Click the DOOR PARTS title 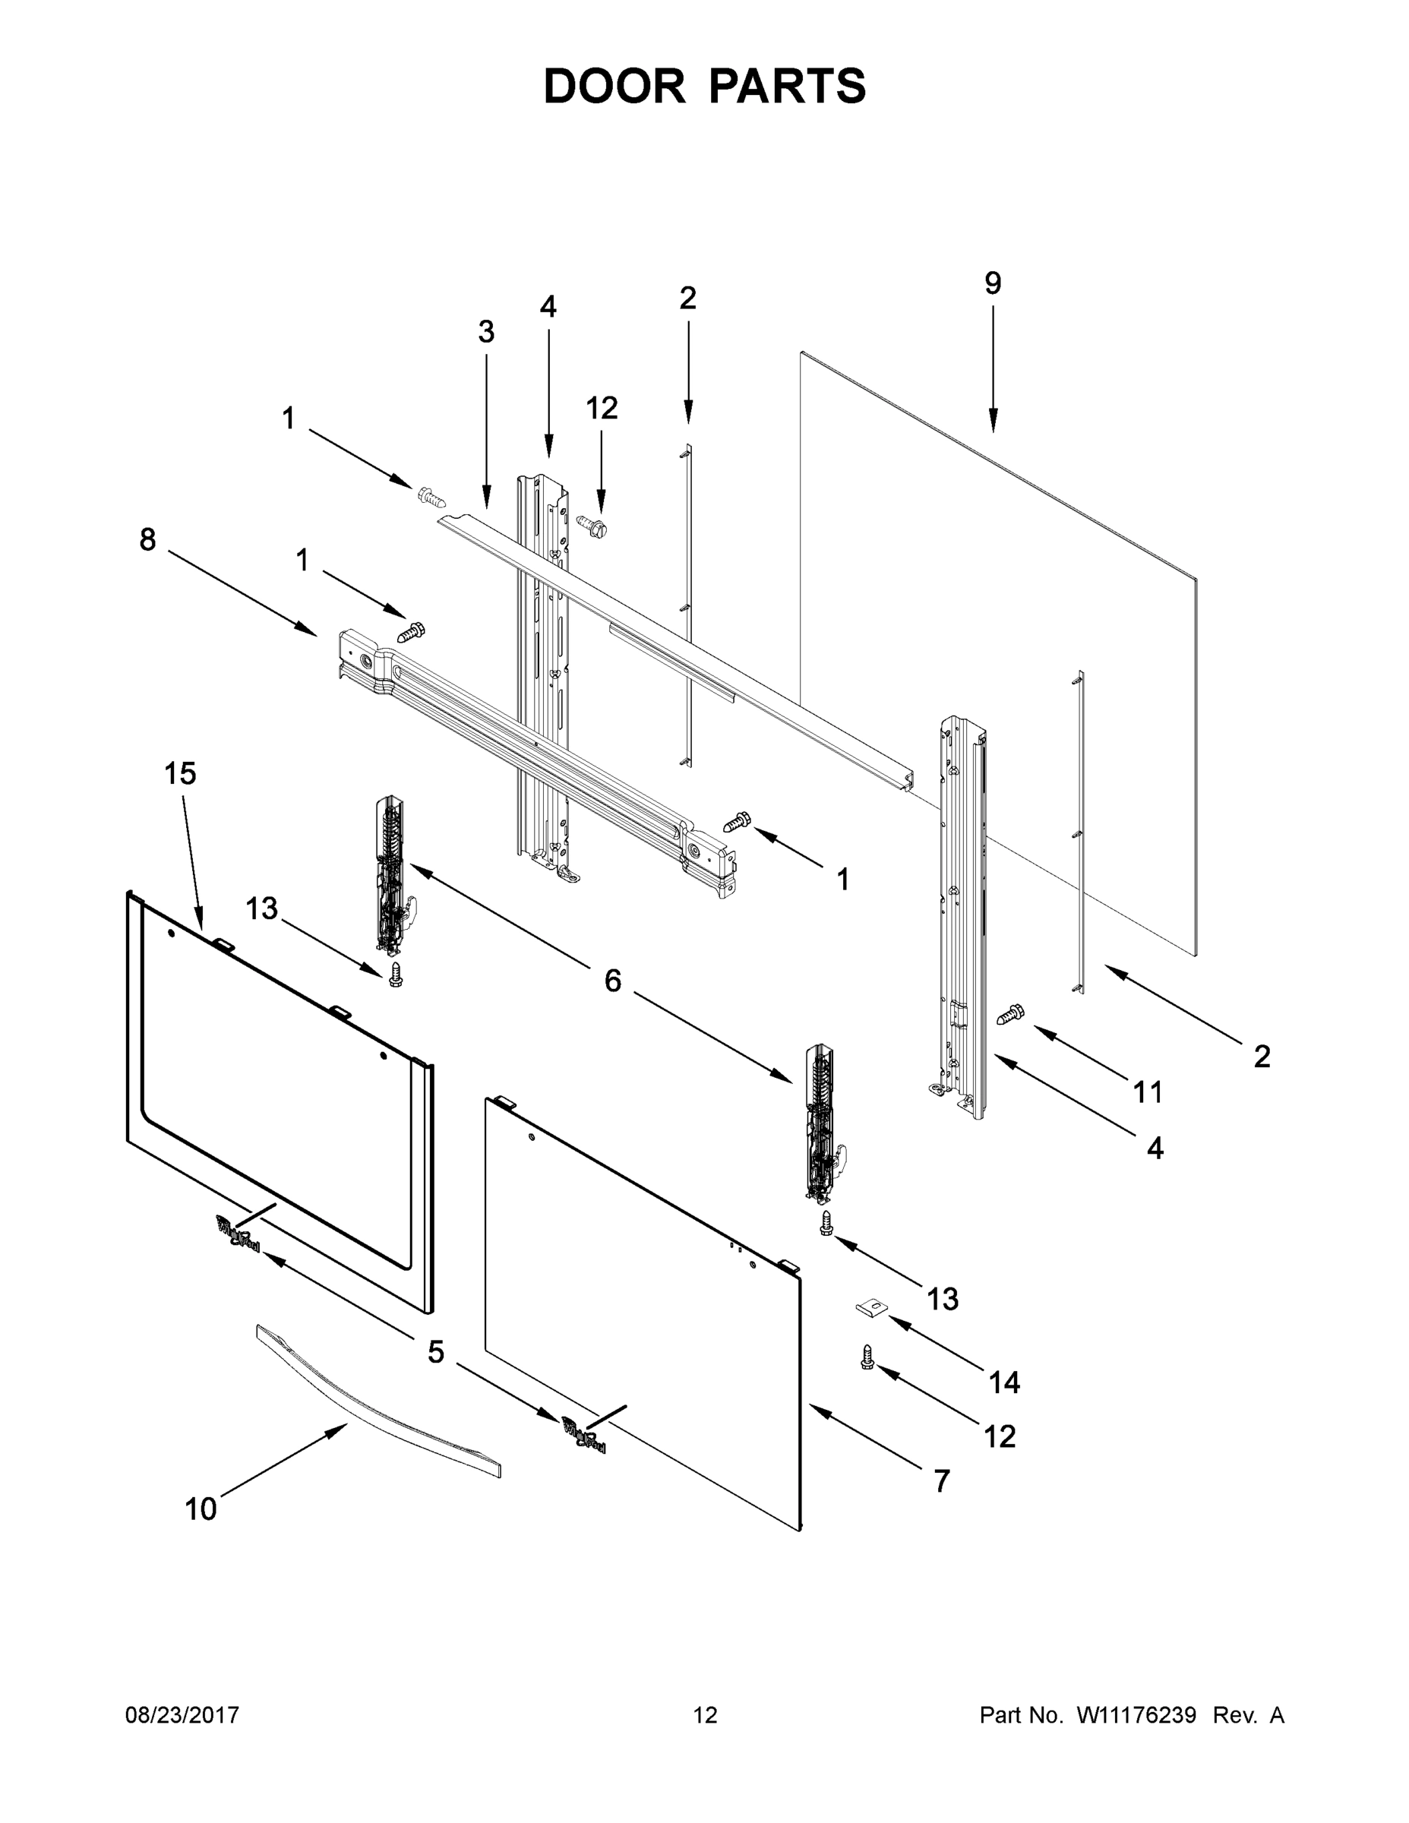pos(705,86)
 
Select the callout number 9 pos(993,284)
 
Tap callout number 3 pos(486,332)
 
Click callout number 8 pos(148,540)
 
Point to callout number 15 pos(179,774)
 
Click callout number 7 pos(942,1480)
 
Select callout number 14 pos(1004,1382)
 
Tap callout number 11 pos(1148,1091)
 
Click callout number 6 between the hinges pos(613,981)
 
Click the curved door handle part pos(378,1401)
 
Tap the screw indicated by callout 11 pos(1011,1015)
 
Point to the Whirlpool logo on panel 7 pos(584,1435)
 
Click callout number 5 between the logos pos(436,1352)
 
